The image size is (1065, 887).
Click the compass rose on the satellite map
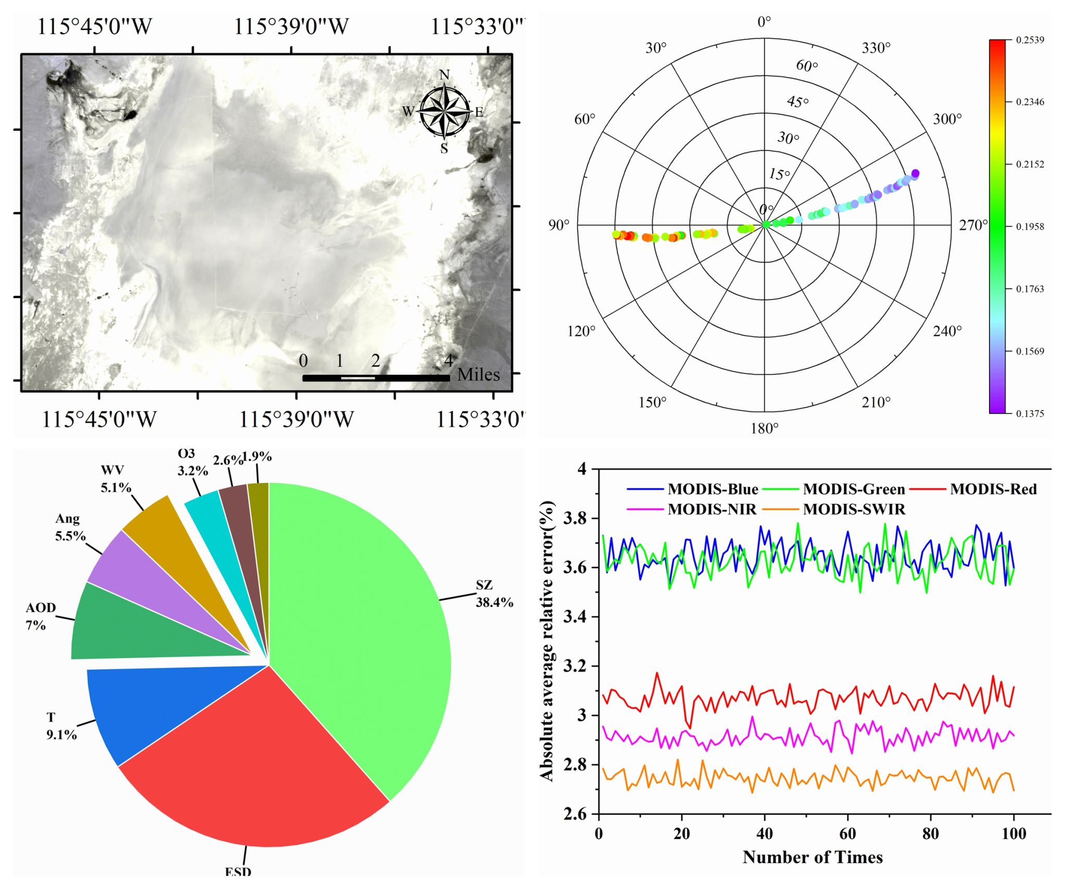pos(444,111)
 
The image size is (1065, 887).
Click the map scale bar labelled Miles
pos(376,378)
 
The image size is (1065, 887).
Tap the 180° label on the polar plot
pos(764,428)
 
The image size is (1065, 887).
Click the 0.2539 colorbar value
pos(1030,40)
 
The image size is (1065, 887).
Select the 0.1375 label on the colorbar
pos(1030,413)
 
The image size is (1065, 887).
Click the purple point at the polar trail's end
pos(915,173)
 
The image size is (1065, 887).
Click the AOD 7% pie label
pos(41,616)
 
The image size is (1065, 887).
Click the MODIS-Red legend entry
pos(993,489)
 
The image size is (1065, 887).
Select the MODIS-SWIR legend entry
pos(854,509)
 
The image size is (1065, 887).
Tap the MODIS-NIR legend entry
pos(711,509)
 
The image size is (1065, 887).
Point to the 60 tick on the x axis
pos(848,834)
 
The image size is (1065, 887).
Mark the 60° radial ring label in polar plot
pos(807,66)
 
